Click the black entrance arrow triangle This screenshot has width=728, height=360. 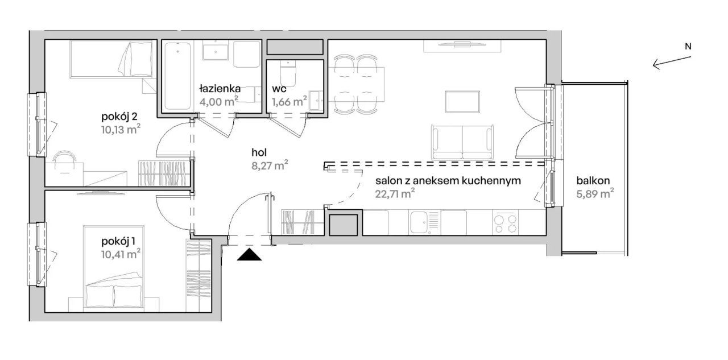[x=249, y=255]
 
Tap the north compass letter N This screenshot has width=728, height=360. [x=688, y=47]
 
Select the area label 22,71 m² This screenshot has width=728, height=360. [x=395, y=194]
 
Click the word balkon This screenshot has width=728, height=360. [x=593, y=181]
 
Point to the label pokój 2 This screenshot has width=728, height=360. [x=119, y=117]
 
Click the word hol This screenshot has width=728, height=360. [x=259, y=152]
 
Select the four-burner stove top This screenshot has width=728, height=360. [x=506, y=223]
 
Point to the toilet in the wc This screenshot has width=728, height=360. [x=288, y=74]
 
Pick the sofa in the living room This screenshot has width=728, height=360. [x=462, y=142]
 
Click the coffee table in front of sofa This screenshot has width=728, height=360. [x=462, y=102]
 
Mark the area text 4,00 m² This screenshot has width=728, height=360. [x=219, y=101]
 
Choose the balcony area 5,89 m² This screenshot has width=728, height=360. [x=595, y=194]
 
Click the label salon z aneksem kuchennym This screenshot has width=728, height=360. [x=448, y=181]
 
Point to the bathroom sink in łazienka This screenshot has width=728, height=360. [x=216, y=51]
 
